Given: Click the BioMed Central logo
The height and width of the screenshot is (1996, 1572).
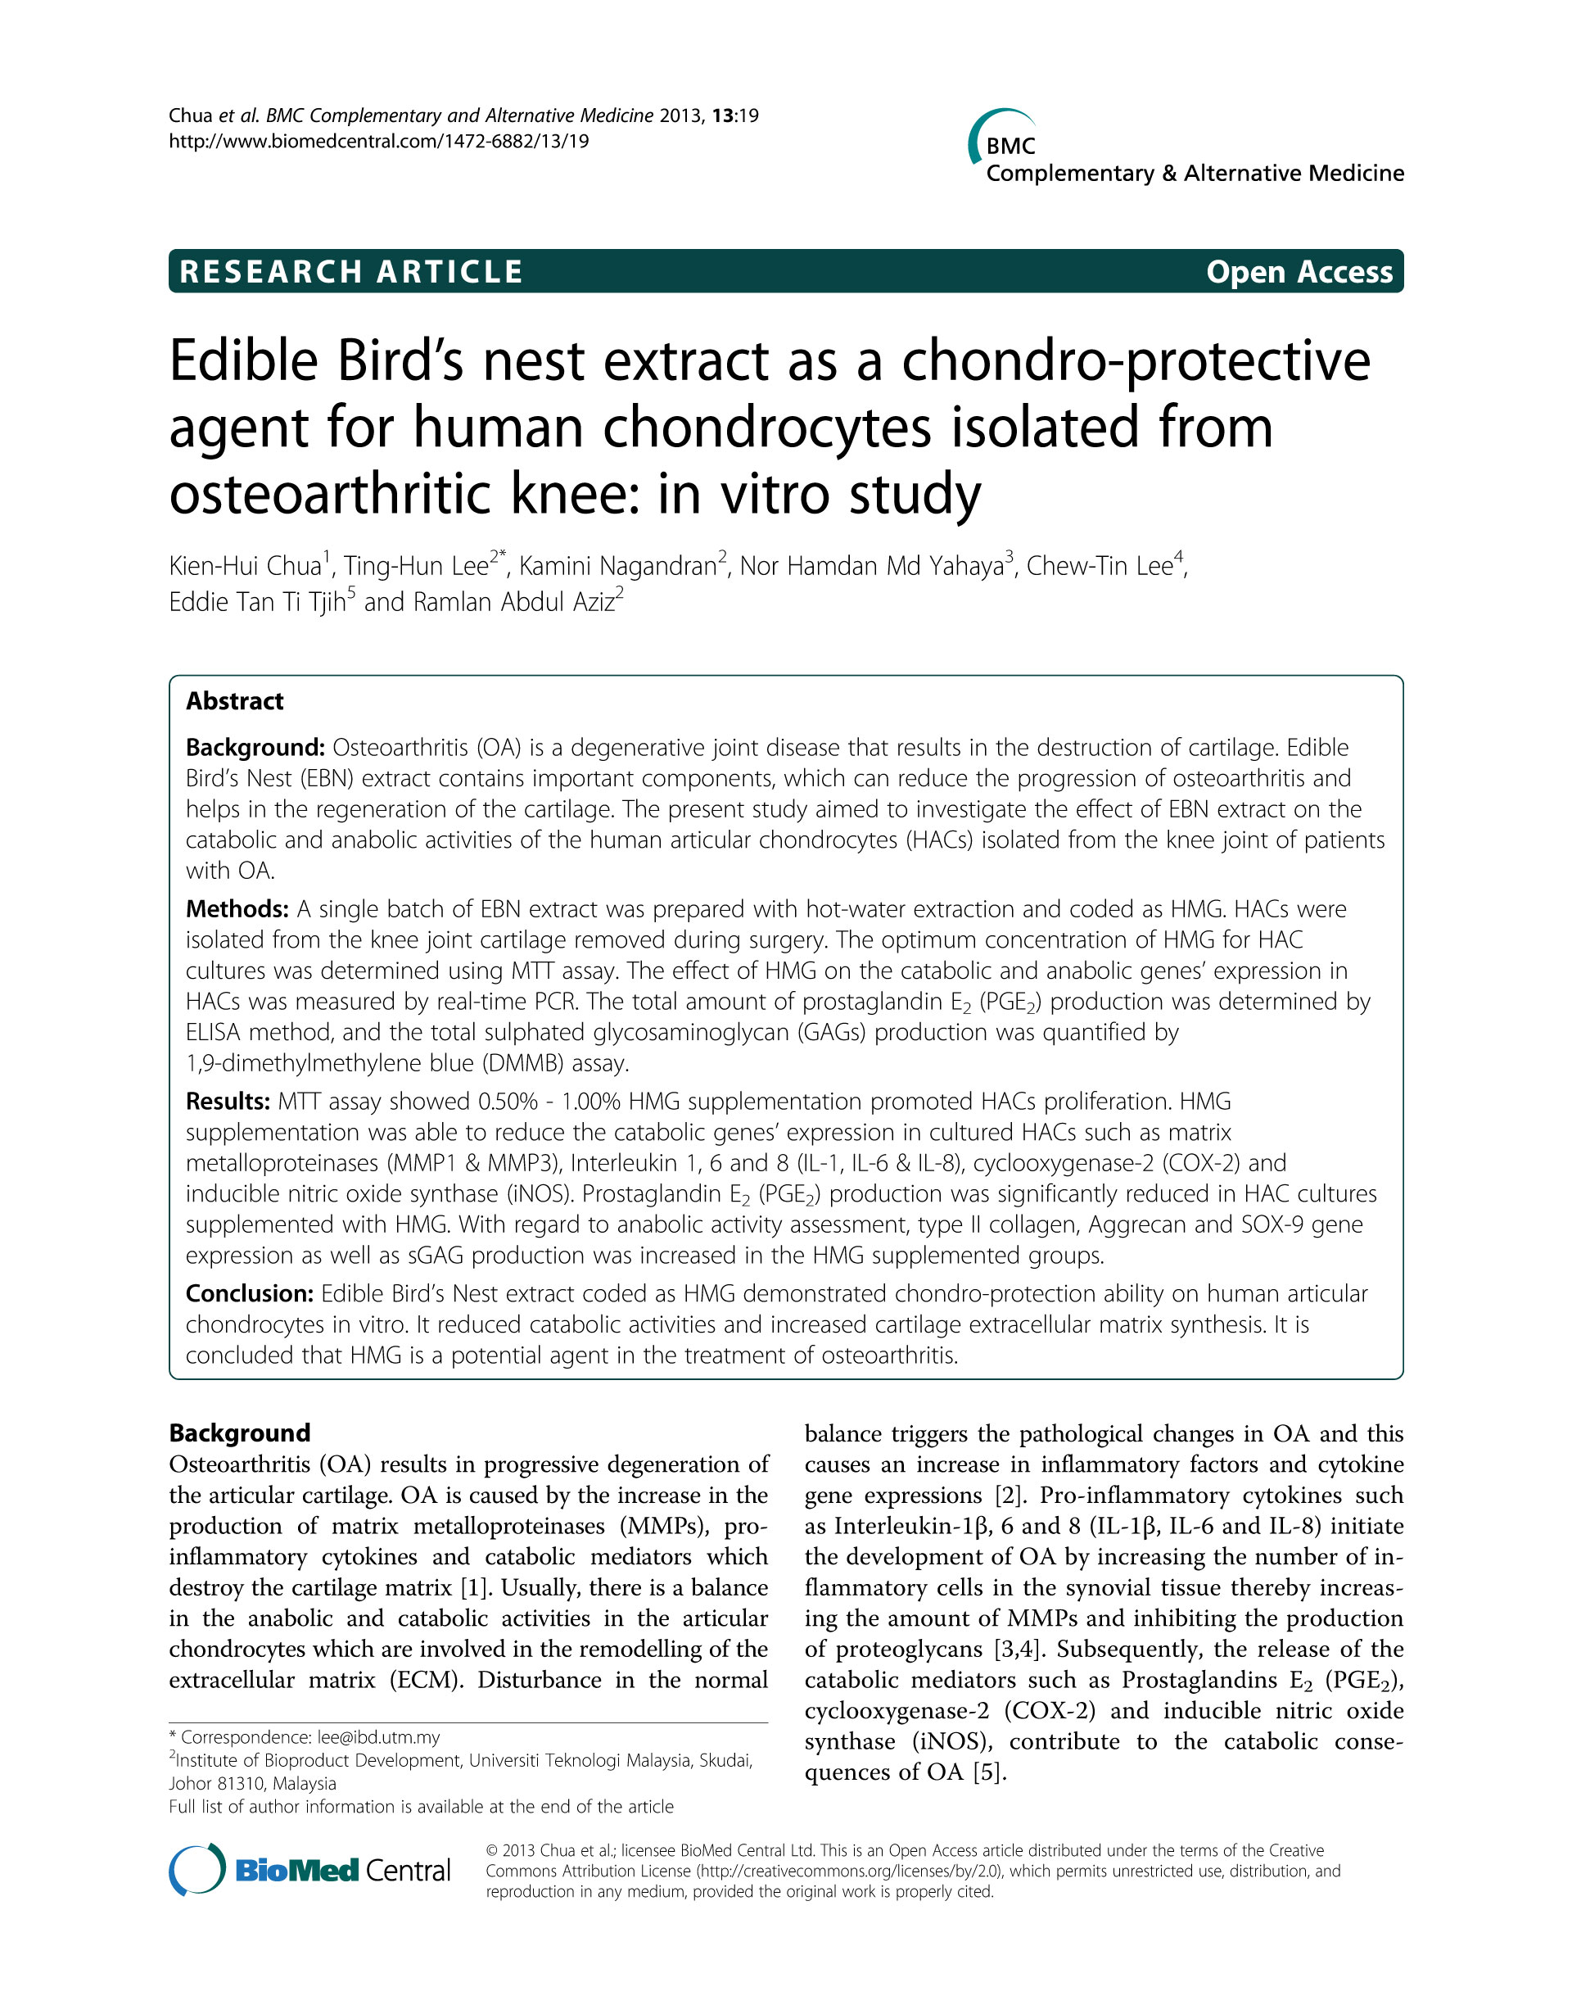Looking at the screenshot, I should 309,1870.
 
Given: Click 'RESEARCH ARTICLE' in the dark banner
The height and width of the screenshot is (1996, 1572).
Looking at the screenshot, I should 350,272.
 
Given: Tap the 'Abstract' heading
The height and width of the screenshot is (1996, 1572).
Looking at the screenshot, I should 235,702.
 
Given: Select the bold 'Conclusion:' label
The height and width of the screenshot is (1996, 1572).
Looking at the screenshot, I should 250,1293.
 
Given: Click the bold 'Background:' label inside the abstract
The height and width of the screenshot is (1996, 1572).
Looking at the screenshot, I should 255,748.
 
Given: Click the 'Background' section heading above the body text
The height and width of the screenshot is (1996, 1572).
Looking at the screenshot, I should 239,1433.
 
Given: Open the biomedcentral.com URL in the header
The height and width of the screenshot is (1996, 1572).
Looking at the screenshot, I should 378,142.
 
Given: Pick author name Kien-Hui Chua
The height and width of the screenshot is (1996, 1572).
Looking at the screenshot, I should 245,565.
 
